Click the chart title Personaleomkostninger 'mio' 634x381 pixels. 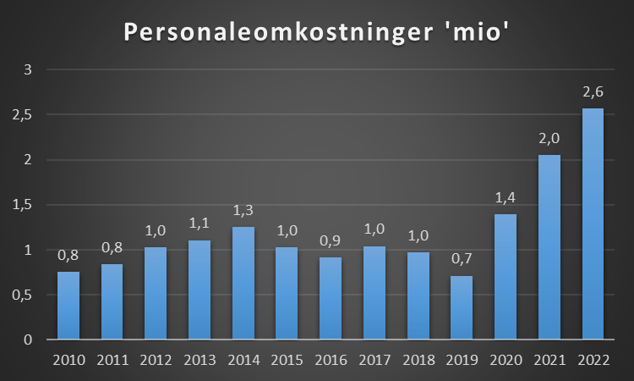click(316, 31)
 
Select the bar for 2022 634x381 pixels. click(593, 224)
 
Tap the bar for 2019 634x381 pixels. click(462, 307)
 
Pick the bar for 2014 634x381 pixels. click(243, 283)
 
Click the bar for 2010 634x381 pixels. click(68, 306)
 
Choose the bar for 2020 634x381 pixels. click(506, 277)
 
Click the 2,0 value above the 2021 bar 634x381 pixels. click(549, 139)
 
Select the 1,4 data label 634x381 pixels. click(506, 197)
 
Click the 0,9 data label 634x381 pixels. click(331, 241)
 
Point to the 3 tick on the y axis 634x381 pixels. click(28, 69)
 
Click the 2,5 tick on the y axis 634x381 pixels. click(24, 114)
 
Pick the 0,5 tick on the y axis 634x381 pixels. click(24, 295)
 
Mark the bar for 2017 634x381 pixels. click(374, 293)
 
